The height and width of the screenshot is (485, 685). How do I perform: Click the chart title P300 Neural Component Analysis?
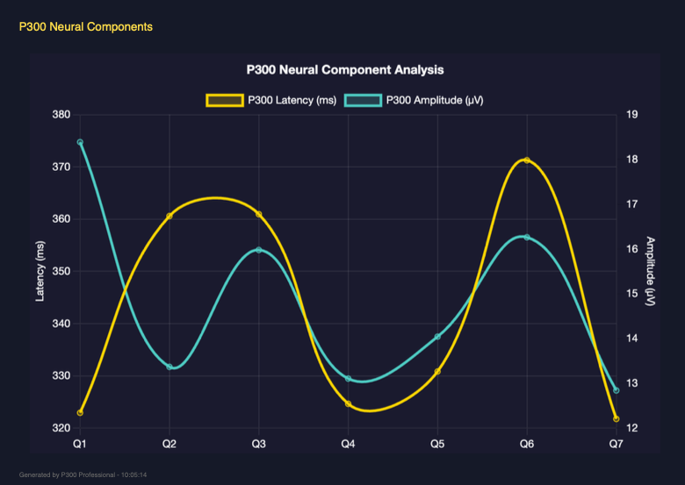click(344, 69)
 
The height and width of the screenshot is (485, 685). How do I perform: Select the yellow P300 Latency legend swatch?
click(224, 100)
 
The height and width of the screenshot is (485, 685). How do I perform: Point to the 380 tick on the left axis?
click(61, 115)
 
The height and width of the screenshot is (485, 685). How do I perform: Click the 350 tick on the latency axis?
click(61, 272)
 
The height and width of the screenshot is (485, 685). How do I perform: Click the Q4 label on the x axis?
click(348, 445)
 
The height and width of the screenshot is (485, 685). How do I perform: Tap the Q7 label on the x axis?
click(616, 445)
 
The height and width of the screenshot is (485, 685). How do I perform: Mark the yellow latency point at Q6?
click(527, 160)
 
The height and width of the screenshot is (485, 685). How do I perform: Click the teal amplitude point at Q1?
click(80, 142)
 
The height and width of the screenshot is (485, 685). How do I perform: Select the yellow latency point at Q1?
click(80, 412)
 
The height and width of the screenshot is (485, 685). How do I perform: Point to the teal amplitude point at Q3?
click(259, 250)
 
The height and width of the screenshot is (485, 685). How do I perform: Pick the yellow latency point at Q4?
click(349, 404)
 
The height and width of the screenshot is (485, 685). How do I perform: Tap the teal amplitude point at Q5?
click(437, 337)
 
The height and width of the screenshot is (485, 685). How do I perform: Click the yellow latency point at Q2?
click(169, 216)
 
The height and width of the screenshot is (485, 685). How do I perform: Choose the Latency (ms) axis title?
click(40, 271)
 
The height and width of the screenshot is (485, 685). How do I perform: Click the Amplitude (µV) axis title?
click(650, 271)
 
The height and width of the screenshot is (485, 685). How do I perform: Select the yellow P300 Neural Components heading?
click(86, 27)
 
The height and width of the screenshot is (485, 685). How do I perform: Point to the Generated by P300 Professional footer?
click(83, 474)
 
